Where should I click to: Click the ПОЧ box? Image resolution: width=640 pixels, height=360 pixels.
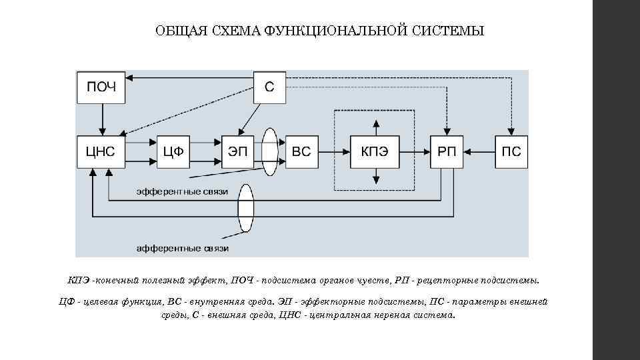pos(101,87)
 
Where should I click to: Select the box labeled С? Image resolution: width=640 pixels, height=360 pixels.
pos(269,87)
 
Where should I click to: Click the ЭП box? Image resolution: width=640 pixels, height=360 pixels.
pos(237,151)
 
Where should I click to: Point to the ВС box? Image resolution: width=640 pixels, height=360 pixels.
pos(301,151)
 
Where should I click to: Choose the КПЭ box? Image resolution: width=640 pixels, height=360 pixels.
pos(375,151)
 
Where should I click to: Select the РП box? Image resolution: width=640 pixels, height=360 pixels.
pos(447,151)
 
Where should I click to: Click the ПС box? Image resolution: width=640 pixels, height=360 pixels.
pos(511,151)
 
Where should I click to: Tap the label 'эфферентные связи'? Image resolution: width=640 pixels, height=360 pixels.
pos(182,191)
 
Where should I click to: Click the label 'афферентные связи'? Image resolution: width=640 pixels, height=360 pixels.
pos(182,249)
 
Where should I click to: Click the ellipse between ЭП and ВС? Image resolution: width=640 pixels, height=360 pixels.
pos(270,151)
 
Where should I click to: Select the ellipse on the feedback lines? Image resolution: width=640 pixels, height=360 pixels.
pos(246,207)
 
